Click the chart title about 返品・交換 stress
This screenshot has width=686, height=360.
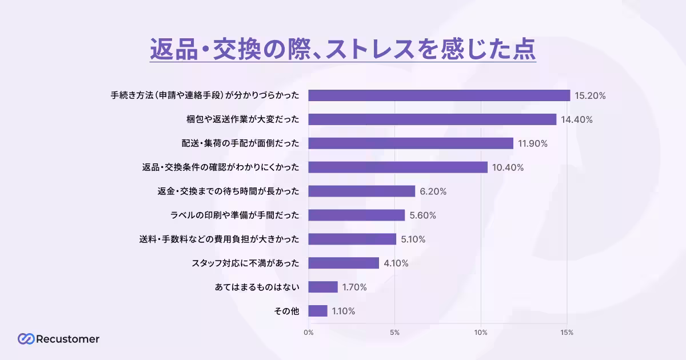pos(343,50)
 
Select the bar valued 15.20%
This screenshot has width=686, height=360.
pos(439,95)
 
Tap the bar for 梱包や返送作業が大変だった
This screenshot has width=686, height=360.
pos(432,119)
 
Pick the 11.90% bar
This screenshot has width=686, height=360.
pos(410,143)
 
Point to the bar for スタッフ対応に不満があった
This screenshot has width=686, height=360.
pos(344,263)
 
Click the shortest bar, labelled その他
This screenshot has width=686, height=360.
pos(318,311)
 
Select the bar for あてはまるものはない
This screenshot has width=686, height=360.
pos(323,287)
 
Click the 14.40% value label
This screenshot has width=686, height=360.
pos(576,120)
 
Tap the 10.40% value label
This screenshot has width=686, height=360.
pos(508,167)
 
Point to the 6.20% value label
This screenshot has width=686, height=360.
pos(433,191)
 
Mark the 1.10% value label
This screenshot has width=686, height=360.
pos(344,311)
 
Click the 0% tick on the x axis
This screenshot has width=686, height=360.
pos(309,333)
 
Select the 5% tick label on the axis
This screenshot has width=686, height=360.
pos(394,333)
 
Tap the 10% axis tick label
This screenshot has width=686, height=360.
pos(481,333)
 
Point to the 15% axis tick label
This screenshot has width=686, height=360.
pos(567,333)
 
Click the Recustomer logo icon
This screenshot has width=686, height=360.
pos(25,339)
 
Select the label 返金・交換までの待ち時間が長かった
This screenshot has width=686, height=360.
pos(229,191)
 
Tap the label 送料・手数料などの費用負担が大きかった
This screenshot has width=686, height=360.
pos(220,239)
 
